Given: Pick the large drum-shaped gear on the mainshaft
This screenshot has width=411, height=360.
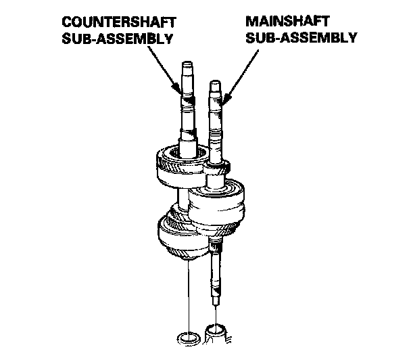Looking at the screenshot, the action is coord(217,206).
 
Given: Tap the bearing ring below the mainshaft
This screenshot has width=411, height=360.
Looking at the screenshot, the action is coord(216,332).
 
